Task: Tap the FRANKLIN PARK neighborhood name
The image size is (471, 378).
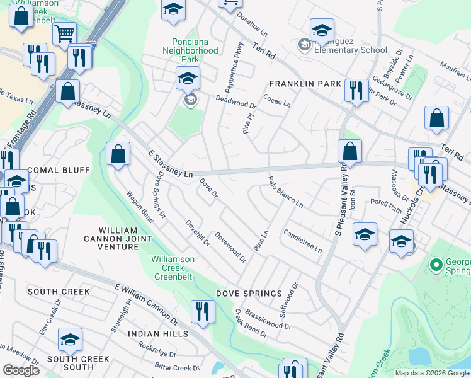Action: click(305, 84)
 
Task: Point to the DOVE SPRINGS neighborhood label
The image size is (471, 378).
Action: click(249, 294)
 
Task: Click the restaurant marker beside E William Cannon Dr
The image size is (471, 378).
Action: click(203, 311)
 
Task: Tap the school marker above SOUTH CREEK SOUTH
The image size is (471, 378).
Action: click(70, 340)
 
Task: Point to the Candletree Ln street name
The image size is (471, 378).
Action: click(302, 241)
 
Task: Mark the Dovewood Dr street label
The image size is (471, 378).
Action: click(230, 246)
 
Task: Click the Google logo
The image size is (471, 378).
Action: click(21, 370)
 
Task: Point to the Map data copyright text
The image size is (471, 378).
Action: click(431, 373)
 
